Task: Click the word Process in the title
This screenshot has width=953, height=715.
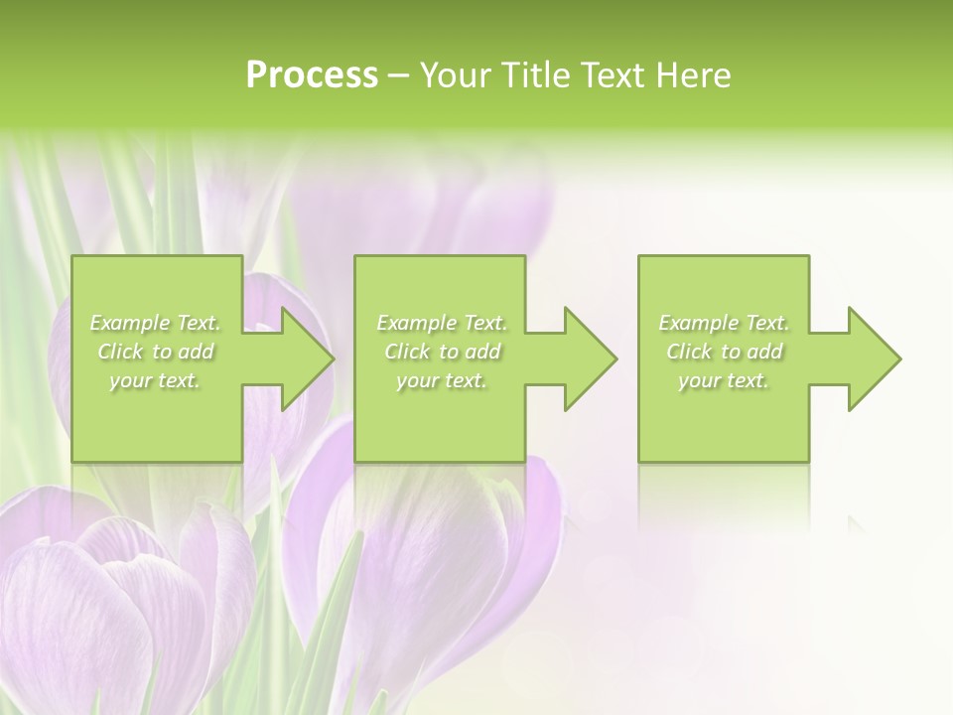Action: click(x=312, y=75)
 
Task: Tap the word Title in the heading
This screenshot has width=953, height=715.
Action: click(x=532, y=75)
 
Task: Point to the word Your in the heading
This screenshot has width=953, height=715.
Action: click(x=457, y=75)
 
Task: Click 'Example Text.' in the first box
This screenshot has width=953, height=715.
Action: click(x=155, y=323)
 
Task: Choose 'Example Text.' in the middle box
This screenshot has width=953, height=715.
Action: click(x=442, y=323)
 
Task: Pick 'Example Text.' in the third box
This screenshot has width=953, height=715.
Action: click(x=724, y=323)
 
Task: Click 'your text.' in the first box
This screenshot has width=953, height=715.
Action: click(x=155, y=380)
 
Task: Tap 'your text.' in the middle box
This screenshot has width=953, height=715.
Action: click(x=442, y=380)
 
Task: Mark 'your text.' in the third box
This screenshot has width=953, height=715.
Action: click(x=724, y=380)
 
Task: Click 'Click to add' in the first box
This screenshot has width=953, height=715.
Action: click(x=155, y=352)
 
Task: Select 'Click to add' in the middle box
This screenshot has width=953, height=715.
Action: click(x=442, y=352)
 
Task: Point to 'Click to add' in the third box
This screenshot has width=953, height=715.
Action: click(x=724, y=352)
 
